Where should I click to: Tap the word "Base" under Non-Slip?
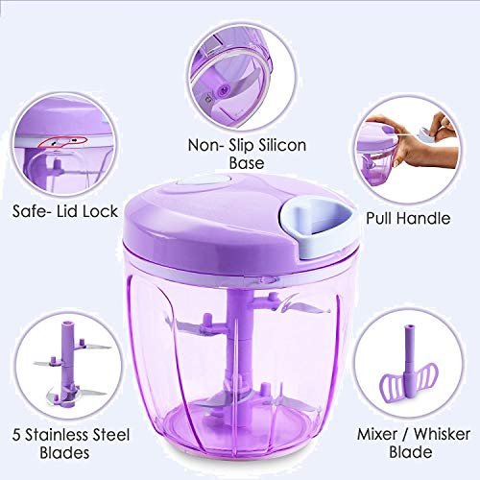click(247, 163)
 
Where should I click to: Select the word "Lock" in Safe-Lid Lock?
click(100, 211)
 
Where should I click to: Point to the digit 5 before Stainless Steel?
click(17, 435)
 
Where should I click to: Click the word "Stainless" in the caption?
click(58, 435)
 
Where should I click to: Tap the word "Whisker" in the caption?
click(442, 434)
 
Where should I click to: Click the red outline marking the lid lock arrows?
click(62, 142)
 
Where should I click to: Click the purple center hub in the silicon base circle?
click(223, 90)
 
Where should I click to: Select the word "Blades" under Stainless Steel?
click(64, 453)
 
